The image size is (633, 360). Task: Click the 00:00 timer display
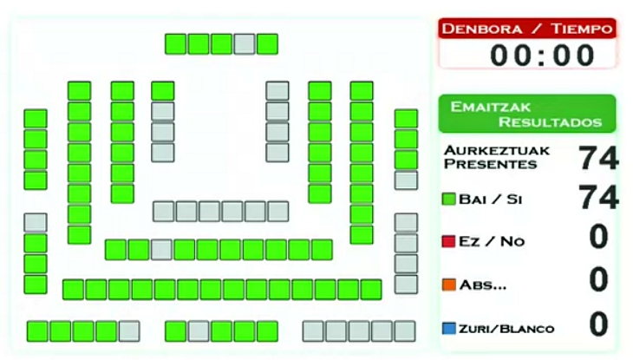point(543,55)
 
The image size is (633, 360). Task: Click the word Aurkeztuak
point(496,150)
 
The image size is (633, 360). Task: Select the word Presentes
point(490,164)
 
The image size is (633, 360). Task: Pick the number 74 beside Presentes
point(598,158)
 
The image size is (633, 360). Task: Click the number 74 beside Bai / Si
point(598,199)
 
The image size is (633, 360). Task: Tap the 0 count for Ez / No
point(598,238)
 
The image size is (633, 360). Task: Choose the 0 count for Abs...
point(598,280)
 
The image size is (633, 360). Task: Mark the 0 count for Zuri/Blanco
point(598,324)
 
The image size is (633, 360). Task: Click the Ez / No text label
point(493,241)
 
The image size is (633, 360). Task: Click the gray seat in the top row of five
point(245,43)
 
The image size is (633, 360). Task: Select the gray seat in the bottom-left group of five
point(129,331)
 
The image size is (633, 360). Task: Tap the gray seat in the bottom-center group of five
point(199,331)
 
